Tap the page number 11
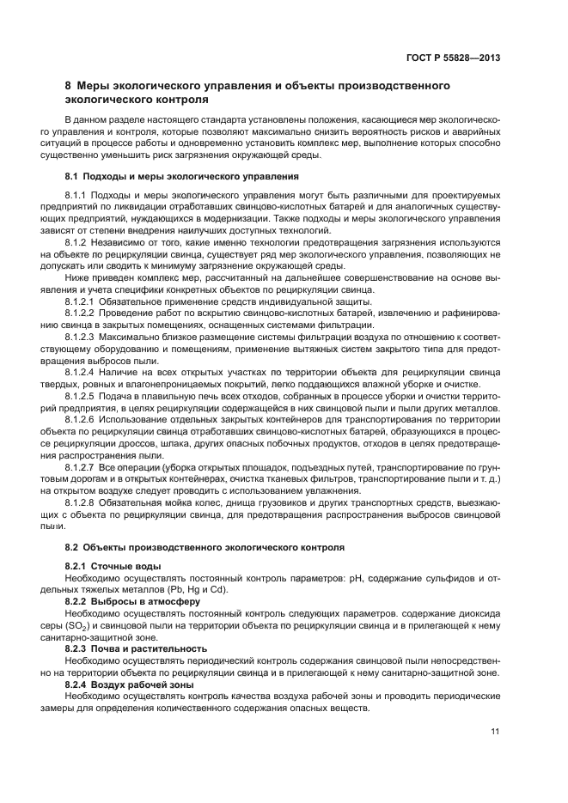click(x=495, y=732)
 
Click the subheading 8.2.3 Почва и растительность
click(x=133, y=648)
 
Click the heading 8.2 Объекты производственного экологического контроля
click(x=205, y=546)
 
